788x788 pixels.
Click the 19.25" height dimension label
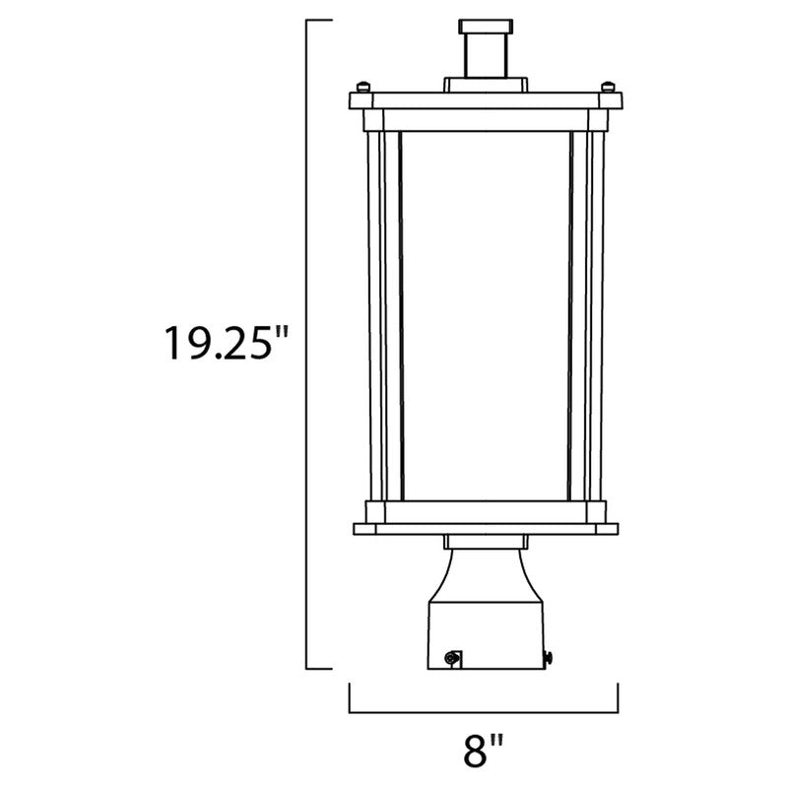click(227, 343)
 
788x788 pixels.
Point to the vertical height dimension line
click(307, 344)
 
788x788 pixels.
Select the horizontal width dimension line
click(484, 712)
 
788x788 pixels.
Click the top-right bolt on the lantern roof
click(609, 87)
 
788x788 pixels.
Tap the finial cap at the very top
click(486, 27)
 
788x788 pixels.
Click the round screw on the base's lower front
click(452, 657)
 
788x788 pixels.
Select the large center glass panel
click(486, 315)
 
